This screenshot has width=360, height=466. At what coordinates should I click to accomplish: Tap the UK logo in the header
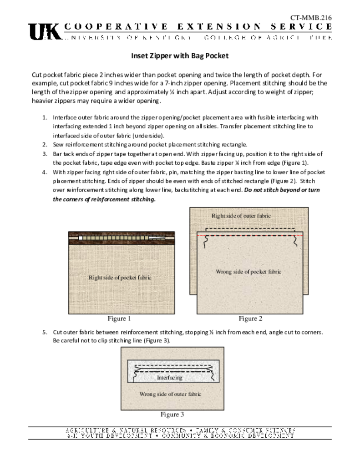click(x=44, y=32)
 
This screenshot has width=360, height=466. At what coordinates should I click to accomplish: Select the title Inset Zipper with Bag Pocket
click(x=180, y=56)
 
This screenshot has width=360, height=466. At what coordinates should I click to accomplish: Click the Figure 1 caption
click(x=119, y=319)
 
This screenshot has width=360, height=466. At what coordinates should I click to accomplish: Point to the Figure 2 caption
click(x=250, y=319)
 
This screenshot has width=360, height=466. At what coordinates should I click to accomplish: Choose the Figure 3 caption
click(x=172, y=415)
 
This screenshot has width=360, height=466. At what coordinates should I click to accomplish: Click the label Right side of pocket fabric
click(x=120, y=277)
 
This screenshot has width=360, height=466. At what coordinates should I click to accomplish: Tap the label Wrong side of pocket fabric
click(x=248, y=272)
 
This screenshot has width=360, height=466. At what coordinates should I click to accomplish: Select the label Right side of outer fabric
click(x=241, y=215)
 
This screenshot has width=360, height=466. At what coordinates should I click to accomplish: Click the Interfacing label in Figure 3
click(x=169, y=377)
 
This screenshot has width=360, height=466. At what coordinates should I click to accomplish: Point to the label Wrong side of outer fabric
click(x=170, y=394)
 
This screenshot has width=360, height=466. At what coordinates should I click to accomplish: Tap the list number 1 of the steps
click(x=45, y=117)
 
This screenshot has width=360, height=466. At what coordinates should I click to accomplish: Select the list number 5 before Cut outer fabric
click(x=45, y=332)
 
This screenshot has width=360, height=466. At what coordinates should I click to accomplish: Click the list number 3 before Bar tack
click(x=45, y=154)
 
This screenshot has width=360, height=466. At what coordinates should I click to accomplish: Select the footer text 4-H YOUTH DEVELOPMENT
click(x=109, y=436)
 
